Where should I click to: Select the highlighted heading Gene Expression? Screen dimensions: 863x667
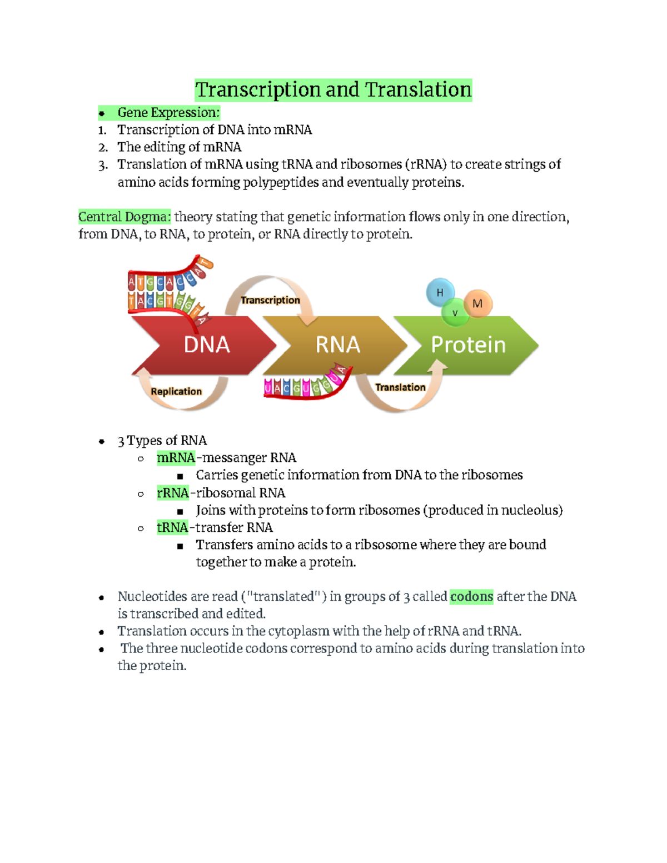[168, 113]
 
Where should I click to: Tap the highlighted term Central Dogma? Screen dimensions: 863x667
[125, 217]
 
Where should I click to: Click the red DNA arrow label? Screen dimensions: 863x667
[207, 345]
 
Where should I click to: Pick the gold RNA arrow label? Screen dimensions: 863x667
[338, 345]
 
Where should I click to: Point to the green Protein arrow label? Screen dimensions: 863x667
[468, 345]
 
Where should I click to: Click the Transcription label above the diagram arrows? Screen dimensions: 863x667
[270, 300]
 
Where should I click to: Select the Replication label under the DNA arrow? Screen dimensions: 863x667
[176, 391]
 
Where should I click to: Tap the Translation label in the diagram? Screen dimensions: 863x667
[400, 387]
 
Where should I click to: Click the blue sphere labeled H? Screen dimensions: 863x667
[440, 292]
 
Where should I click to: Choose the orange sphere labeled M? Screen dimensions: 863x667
[477, 303]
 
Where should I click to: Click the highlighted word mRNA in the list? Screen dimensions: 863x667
[176, 458]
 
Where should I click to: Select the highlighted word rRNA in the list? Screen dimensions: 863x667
[173, 493]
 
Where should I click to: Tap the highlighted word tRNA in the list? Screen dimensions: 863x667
[172, 527]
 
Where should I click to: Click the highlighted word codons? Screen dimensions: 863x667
[471, 597]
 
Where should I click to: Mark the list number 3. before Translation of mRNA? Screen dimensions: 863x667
[102, 165]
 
